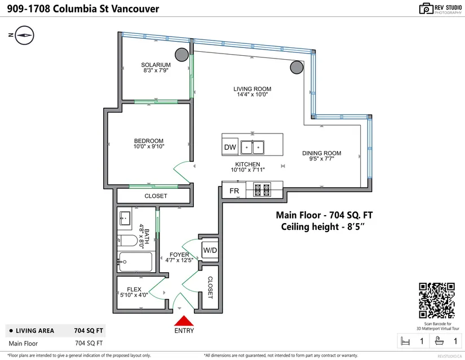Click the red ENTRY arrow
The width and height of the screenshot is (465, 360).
[184, 321]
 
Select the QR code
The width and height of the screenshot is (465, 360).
[436, 300]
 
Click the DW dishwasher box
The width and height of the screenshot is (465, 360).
[230, 147]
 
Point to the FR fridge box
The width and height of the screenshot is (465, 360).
[234, 190]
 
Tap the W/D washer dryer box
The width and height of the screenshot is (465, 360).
[210, 250]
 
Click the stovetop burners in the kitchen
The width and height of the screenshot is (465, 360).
[262, 190]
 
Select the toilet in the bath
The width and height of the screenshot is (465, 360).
[127, 240]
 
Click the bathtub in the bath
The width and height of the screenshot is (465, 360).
[136, 261]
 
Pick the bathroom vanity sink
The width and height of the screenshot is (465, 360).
[125, 219]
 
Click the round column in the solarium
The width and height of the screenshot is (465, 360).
[182, 55]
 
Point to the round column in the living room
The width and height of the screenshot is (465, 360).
[296, 67]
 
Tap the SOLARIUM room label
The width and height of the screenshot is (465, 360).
[156, 65]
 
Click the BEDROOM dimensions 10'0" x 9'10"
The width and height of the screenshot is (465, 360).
[149, 146]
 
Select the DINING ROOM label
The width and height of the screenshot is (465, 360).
[322, 153]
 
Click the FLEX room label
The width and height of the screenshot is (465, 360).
[134, 289]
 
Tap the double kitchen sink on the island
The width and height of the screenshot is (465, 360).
[253, 147]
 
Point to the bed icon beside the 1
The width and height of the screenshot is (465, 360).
[405, 341]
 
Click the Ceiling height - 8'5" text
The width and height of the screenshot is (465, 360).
[322, 226]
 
